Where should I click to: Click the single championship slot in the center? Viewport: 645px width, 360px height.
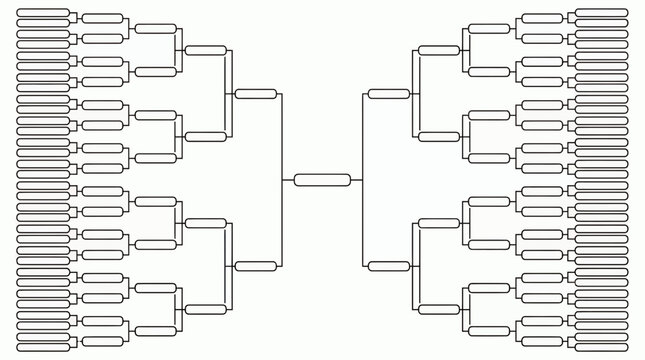(322, 180)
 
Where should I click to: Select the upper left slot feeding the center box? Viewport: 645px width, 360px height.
(255, 94)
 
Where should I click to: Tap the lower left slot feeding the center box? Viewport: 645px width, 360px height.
(255, 266)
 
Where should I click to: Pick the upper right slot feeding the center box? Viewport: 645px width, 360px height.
(388, 94)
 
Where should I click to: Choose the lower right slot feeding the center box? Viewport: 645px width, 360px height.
(388, 266)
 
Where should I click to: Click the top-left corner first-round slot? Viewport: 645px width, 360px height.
(44, 13)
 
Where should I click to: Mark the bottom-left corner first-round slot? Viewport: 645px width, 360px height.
(44, 346)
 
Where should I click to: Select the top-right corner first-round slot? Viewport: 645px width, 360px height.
(601, 13)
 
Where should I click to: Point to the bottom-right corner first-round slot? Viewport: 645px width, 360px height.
(601, 346)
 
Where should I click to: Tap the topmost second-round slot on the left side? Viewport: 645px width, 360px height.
(102, 18)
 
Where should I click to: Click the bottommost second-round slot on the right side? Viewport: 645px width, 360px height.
(542, 341)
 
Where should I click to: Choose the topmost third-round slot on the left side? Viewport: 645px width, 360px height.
(155, 29)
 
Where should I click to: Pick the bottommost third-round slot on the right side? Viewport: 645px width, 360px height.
(489, 331)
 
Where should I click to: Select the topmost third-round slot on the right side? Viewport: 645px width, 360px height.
(489, 29)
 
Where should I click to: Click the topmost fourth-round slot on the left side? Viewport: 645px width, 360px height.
(205, 50)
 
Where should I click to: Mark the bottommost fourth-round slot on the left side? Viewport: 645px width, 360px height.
(205, 309)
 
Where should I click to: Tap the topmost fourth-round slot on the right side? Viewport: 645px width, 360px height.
(439, 50)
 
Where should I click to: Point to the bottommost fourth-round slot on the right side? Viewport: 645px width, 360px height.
(439, 309)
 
